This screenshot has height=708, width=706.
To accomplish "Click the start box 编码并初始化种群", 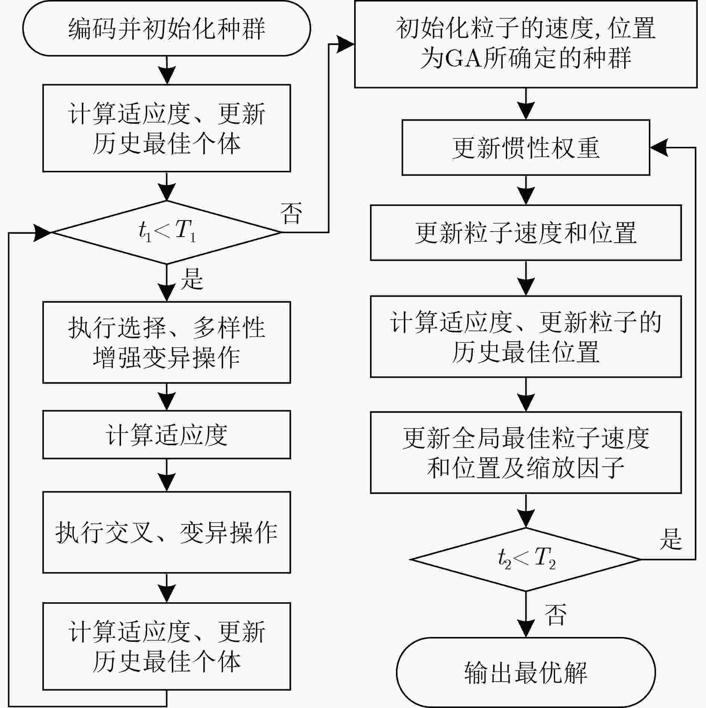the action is (x=167, y=28).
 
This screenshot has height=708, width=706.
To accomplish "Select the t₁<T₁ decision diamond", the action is (x=167, y=233).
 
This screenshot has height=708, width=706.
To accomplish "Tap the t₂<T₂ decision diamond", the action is (x=526, y=560).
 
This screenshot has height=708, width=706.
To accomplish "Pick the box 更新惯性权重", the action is (x=526, y=147).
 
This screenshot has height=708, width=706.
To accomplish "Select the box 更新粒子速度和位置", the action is (x=526, y=233).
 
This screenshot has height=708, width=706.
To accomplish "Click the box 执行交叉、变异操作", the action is (x=167, y=532).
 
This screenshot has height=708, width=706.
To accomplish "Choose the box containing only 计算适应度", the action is (x=167, y=435).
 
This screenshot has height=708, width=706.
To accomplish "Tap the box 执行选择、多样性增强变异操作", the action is (x=167, y=342).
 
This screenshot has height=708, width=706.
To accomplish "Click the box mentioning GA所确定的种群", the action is (x=526, y=44).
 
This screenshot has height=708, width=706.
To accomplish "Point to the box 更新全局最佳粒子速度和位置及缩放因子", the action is (x=526, y=453).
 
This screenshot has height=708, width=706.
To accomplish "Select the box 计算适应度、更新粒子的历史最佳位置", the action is (x=526, y=337).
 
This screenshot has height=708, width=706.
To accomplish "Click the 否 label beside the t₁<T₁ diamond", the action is (x=291, y=213).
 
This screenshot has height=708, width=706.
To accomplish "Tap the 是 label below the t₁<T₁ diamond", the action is (x=192, y=279).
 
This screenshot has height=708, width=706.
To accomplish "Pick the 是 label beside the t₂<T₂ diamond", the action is (x=671, y=539).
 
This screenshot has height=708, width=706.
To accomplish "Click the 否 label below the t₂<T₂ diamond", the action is (x=555, y=614).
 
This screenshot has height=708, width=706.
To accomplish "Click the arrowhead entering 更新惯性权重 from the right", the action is (x=659, y=148).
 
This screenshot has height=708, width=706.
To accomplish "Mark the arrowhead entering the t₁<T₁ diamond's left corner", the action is (x=43, y=233).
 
